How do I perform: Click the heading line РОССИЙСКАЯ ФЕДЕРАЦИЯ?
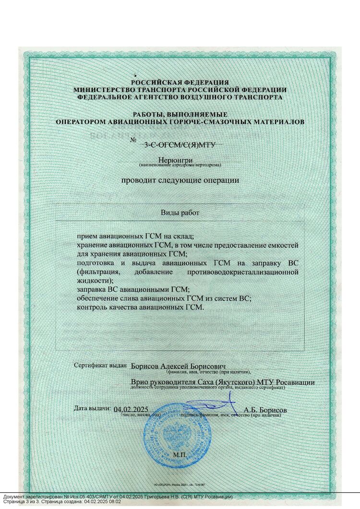click(x=180, y=83)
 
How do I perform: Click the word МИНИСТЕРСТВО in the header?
click(x=99, y=90)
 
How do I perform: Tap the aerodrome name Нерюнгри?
click(x=180, y=160)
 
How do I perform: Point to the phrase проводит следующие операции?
click(x=180, y=181)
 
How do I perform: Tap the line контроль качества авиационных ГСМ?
click(x=141, y=308)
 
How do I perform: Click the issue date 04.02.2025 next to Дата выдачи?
click(x=131, y=409)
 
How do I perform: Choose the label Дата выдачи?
click(x=93, y=408)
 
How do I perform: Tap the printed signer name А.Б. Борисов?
click(x=265, y=411)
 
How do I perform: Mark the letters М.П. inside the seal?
click(x=180, y=453)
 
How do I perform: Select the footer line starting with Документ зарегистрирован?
click(x=118, y=496)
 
